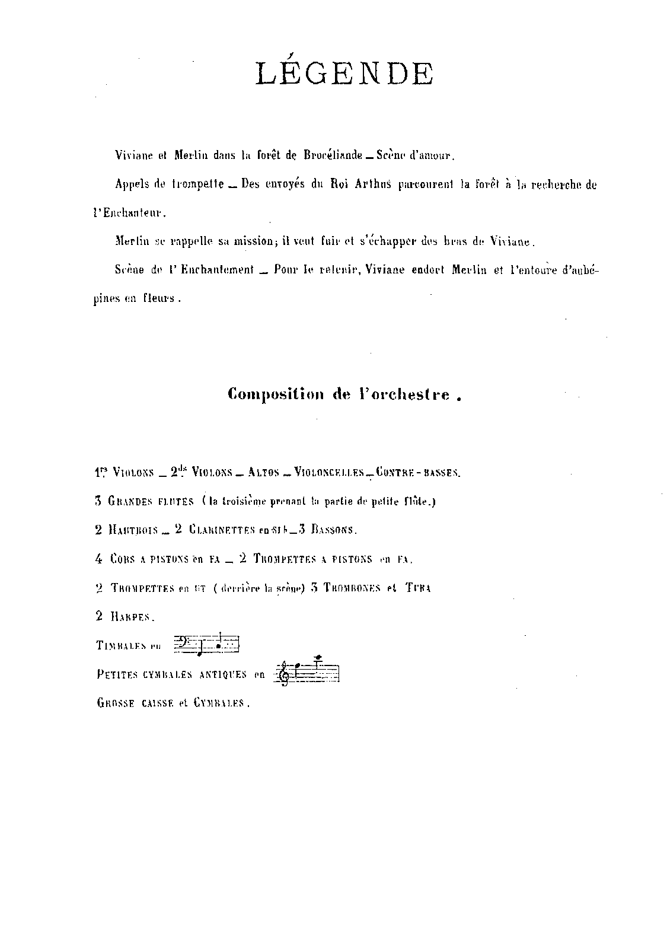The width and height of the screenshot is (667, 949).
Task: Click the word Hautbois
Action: [x=133, y=530]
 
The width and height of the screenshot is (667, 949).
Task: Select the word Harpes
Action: [x=132, y=616]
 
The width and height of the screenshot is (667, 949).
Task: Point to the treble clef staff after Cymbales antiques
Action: [x=307, y=673]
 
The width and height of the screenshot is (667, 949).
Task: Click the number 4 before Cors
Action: [x=98, y=559]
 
